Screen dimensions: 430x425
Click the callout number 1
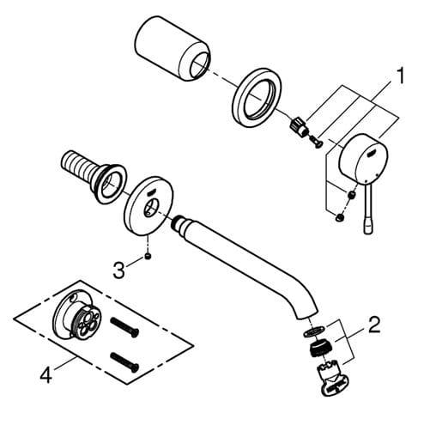pyautogui.click(x=399, y=76)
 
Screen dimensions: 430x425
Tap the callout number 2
pyautogui.click(x=374, y=325)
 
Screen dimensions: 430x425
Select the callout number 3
pyautogui.click(x=118, y=270)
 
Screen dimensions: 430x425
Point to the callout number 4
pyautogui.click(x=45, y=375)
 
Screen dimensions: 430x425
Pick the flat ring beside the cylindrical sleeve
pyautogui.click(x=257, y=98)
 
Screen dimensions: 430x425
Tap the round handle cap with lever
pyautogui.click(x=363, y=156)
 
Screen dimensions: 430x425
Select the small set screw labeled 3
pyautogui.click(x=148, y=256)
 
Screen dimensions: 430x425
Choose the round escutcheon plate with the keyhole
pyautogui.click(x=148, y=206)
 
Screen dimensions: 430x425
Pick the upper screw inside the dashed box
pyautogui.click(x=124, y=327)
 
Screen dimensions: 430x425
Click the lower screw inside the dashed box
pyautogui.click(x=124, y=362)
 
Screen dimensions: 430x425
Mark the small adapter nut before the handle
pyautogui.click(x=299, y=127)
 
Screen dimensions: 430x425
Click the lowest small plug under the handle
pyautogui.click(x=340, y=217)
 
